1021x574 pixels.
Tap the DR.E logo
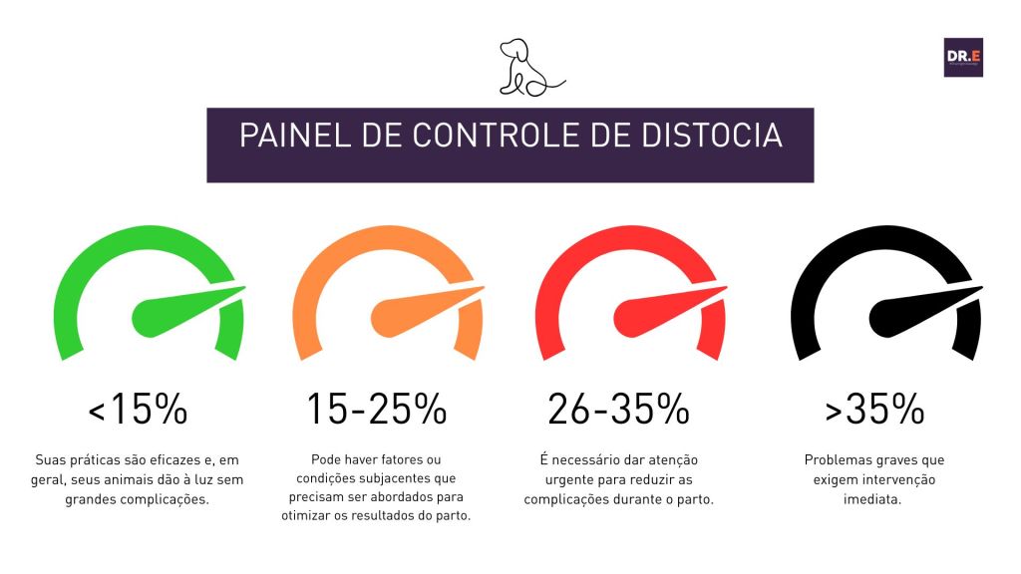pyautogui.click(x=963, y=57)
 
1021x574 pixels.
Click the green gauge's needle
pyautogui.click(x=174, y=311)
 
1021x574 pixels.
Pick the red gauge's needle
pyautogui.click(x=658, y=311)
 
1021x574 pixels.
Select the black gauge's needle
pyautogui.click(x=913, y=311)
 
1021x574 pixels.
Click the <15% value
pyautogui.click(x=138, y=410)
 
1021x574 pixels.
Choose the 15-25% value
pyautogui.click(x=376, y=410)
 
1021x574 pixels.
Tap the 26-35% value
pyautogui.click(x=618, y=410)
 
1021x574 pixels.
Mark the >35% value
pyautogui.click(x=874, y=410)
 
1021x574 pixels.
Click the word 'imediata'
pyautogui.click(x=873, y=497)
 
